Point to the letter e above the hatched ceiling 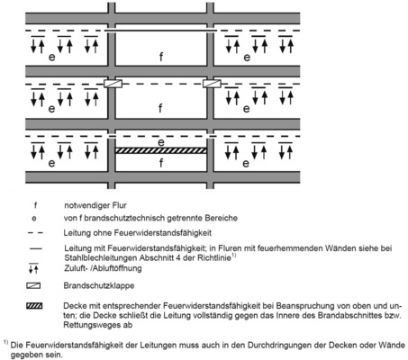point(161,141)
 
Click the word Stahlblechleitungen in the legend point(116,257)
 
